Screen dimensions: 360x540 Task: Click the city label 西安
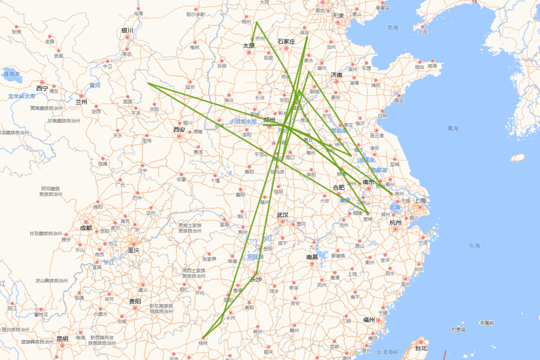pos(179,130)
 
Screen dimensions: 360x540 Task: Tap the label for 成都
pos(86,228)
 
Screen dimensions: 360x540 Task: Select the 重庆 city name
pos(133,250)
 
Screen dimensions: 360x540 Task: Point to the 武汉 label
pos(283,215)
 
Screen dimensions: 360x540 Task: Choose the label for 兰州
pos(81,102)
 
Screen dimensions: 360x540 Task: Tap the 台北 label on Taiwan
pos(421,348)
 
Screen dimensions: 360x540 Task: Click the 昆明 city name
pos(63,339)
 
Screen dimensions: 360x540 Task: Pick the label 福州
pos(369,320)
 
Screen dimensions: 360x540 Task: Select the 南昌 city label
pos(312,257)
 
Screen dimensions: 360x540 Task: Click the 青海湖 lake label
pos(12,74)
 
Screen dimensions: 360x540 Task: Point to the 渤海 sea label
pos(393,28)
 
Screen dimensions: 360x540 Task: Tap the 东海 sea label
pos(474,246)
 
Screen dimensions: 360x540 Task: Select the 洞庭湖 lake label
pos(255,256)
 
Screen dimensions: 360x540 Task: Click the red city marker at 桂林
pos(203,337)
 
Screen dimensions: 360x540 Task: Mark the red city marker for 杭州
pos(396,229)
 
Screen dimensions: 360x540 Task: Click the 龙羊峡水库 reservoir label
pos(22,96)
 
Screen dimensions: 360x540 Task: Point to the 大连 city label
pos(422,31)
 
